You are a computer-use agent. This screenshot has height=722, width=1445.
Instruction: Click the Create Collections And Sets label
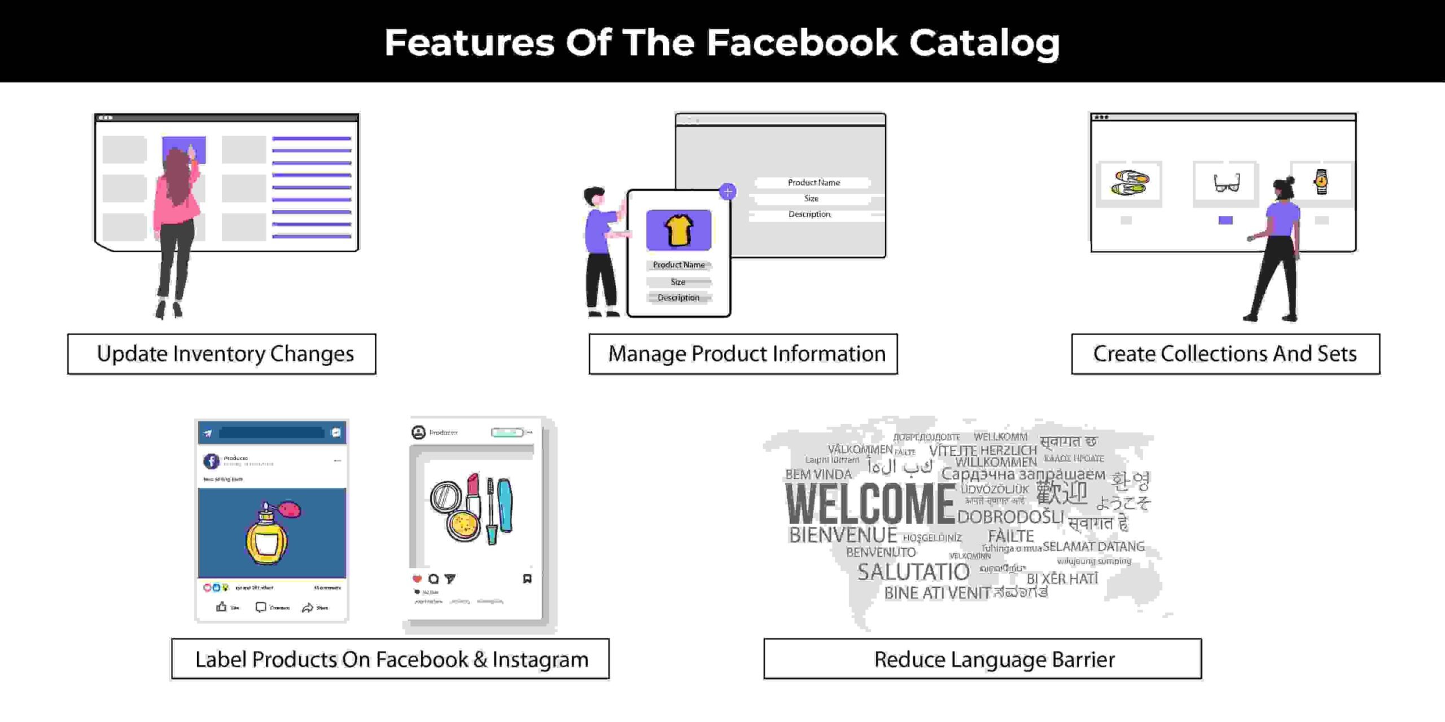click(1225, 354)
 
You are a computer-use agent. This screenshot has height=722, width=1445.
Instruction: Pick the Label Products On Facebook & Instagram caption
click(391, 659)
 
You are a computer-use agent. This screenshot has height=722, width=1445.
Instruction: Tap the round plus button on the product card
click(728, 192)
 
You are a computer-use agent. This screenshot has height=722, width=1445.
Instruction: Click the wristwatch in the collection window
click(1321, 182)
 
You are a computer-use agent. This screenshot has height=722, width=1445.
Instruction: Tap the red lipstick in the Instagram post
click(473, 491)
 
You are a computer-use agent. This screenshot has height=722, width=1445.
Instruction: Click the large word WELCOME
click(869, 504)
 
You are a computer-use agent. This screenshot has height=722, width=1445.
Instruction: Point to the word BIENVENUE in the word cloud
click(842, 535)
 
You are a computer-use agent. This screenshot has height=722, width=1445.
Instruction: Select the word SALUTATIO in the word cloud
click(913, 572)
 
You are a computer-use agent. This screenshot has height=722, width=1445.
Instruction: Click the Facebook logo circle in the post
click(211, 461)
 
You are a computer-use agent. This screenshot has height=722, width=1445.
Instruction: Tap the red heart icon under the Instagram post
click(417, 579)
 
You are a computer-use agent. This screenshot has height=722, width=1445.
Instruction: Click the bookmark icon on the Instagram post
click(527, 579)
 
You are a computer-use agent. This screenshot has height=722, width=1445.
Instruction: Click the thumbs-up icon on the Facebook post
click(221, 607)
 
